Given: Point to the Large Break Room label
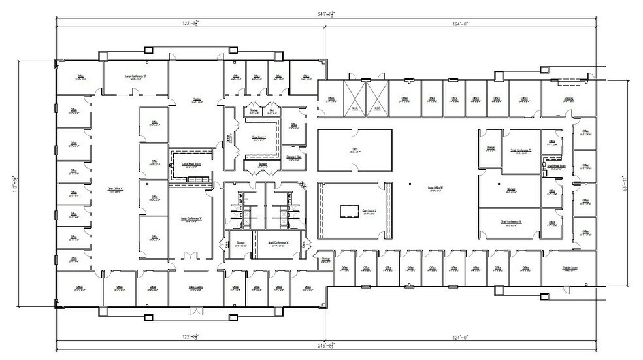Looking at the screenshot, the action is coord(191,165).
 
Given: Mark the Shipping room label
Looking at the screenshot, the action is coord(569,99).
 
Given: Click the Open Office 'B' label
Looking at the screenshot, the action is coord(436,189).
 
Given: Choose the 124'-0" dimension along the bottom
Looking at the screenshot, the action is coord(462,336).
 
